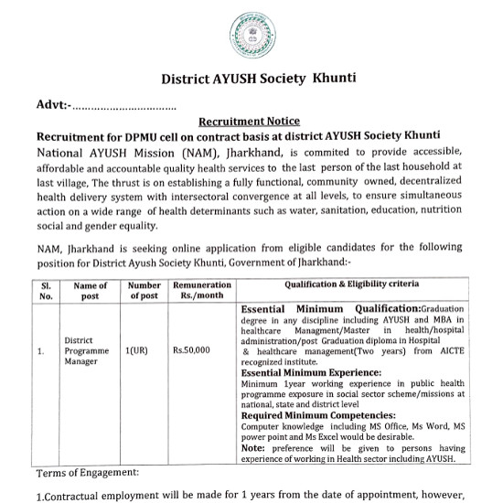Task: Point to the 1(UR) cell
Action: click(x=138, y=349)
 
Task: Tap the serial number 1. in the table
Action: click(x=41, y=349)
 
